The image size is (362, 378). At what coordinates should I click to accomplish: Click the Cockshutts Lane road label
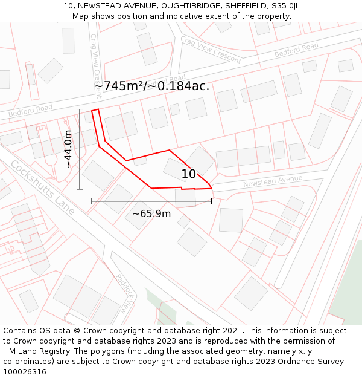coord(42,187)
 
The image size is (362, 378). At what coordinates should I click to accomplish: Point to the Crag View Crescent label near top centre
coord(211,50)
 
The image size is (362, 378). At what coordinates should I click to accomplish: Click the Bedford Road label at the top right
coord(296,50)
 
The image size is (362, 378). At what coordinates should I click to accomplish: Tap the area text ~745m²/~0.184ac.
coord(151,86)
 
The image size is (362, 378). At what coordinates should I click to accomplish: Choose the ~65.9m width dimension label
coord(151,213)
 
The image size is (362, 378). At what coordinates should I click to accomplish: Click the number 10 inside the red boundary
coord(189,174)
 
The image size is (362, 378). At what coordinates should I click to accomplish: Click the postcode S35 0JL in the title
coord(286,6)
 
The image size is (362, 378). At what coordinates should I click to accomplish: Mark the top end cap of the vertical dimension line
coord(80,109)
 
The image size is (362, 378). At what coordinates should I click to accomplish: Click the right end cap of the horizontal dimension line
coord(212,201)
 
